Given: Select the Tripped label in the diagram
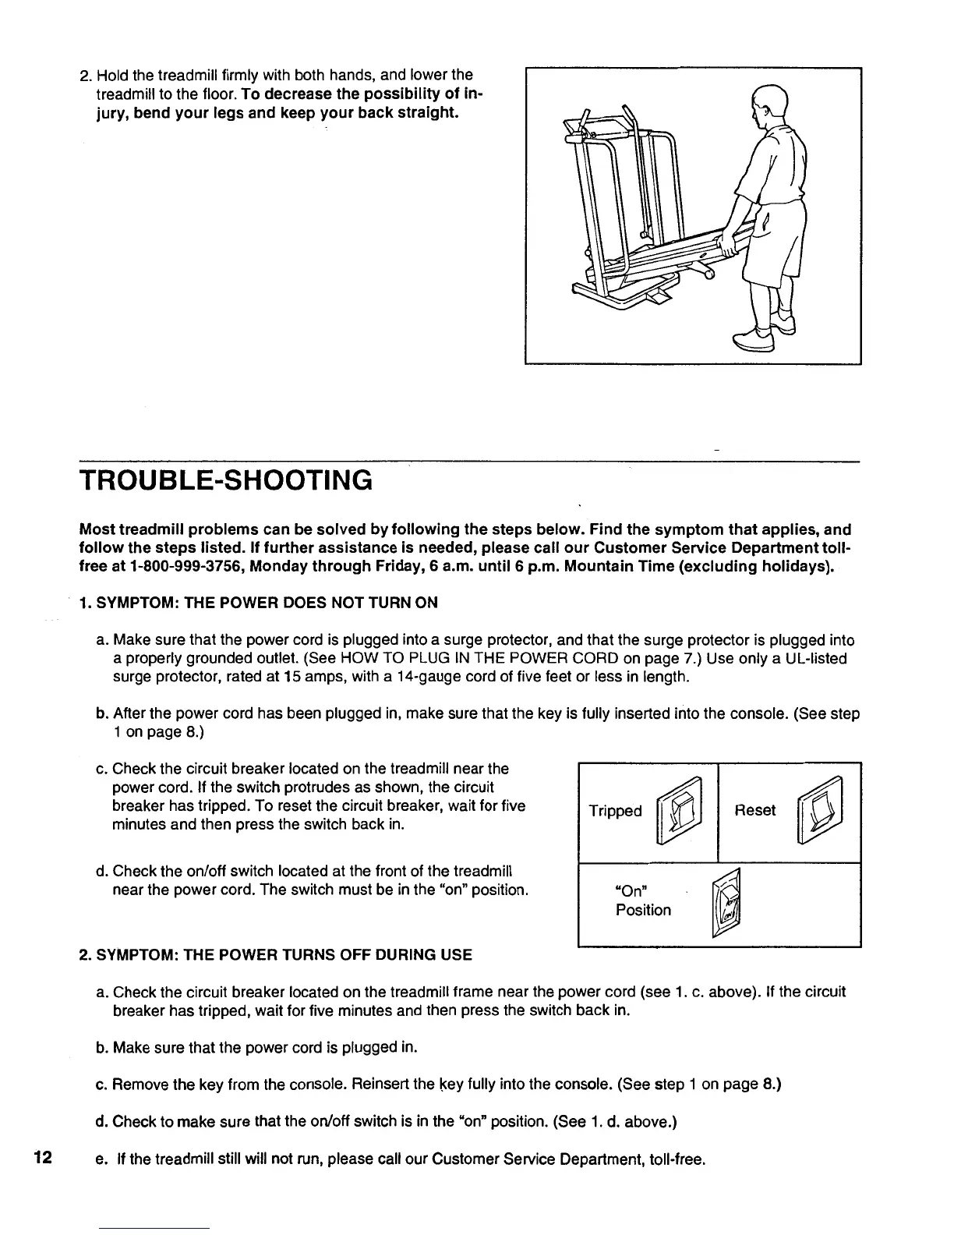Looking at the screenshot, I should click(615, 811).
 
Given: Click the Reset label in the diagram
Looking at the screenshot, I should click(754, 810).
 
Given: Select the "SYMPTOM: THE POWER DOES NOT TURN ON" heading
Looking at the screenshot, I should click(267, 602).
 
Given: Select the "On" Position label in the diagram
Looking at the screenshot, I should click(642, 901).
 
